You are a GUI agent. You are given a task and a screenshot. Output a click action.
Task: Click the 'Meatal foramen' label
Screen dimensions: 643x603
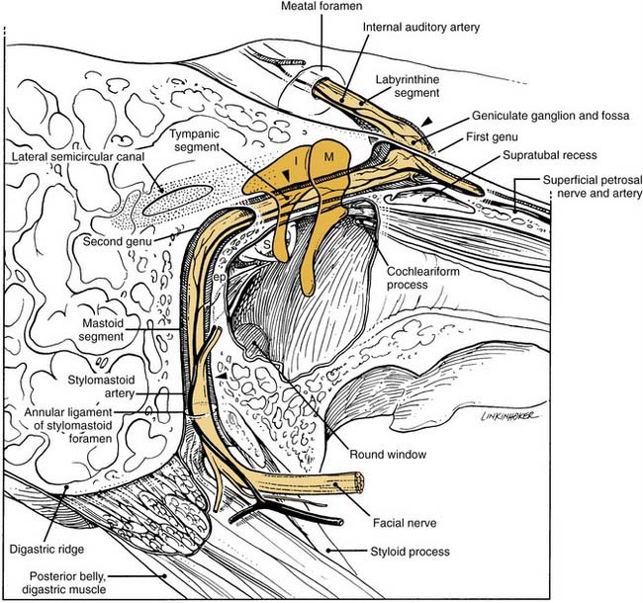tap(321, 6)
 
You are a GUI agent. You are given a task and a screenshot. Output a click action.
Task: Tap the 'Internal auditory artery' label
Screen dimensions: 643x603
tap(421, 28)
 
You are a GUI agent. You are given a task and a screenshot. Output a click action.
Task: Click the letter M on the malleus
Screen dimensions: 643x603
tap(328, 156)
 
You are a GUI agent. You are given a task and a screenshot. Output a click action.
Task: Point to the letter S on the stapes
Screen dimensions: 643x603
tap(267, 245)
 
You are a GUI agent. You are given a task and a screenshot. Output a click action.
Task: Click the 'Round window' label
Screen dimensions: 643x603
tap(388, 455)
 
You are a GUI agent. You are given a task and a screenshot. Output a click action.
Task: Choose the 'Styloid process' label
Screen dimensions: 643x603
tap(411, 552)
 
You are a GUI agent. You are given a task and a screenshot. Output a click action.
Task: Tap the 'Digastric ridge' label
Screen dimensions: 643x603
tap(46, 550)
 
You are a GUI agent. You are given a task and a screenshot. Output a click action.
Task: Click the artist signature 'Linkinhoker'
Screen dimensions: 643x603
tap(507, 415)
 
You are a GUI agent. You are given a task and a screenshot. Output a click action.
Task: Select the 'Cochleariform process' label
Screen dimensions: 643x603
tap(423, 278)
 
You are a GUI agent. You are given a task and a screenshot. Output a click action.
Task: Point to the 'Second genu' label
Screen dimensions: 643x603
tap(118, 241)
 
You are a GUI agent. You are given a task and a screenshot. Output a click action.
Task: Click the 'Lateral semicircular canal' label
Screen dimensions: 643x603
tap(78, 157)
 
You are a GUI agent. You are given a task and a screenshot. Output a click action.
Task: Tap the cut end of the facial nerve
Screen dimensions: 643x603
tap(359, 482)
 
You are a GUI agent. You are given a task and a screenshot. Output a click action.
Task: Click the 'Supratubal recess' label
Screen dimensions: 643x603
tap(549, 155)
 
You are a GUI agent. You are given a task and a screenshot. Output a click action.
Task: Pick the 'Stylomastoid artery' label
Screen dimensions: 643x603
tap(101, 387)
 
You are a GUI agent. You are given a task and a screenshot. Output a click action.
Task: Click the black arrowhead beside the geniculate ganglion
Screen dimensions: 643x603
tap(427, 122)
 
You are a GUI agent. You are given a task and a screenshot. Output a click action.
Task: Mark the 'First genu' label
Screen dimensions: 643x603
tap(492, 136)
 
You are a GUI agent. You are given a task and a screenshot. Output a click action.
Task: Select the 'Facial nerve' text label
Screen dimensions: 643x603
tap(405, 523)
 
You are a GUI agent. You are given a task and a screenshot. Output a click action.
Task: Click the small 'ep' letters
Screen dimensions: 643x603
tap(220, 278)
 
